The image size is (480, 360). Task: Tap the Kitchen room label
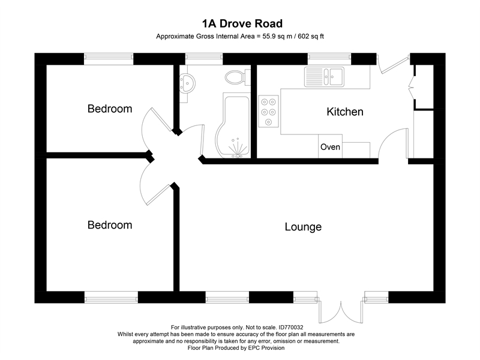(344, 112)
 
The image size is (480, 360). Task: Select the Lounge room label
(303, 227)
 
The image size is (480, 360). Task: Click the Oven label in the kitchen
(330, 147)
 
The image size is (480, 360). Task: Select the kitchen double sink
(323, 76)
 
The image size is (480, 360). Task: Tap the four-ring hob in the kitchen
(268, 111)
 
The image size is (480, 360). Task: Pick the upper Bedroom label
(110, 109)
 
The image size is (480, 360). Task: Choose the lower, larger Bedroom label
(110, 225)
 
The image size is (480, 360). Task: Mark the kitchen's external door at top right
(394, 65)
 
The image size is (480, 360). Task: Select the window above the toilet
(204, 58)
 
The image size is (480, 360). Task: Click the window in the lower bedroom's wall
(112, 297)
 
